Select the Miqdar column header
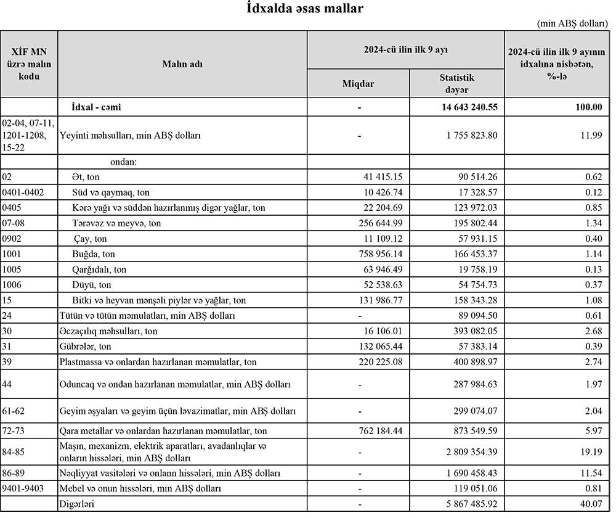tap(359, 84)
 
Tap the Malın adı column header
tap(182, 64)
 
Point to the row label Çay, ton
tap(90, 239)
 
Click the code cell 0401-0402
tap(23, 192)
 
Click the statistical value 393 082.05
tap(470, 331)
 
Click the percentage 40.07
tap(590, 504)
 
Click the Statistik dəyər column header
tap(456, 84)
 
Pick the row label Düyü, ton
tap(92, 285)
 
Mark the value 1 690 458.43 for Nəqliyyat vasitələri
tap(466, 473)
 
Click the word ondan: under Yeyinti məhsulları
tap(123, 163)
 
